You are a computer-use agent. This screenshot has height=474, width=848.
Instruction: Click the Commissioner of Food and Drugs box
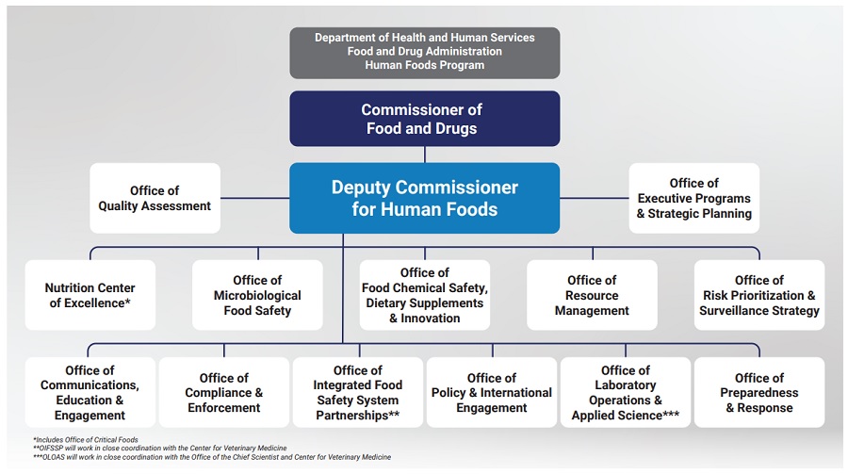pyautogui.click(x=425, y=119)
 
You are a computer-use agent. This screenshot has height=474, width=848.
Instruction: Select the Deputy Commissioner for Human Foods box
pyautogui.click(x=425, y=198)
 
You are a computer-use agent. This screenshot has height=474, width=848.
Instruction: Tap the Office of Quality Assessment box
pyautogui.click(x=155, y=198)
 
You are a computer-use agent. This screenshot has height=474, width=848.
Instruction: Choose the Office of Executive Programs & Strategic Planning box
pyautogui.click(x=693, y=198)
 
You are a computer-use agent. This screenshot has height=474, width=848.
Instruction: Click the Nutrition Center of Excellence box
pyautogui.click(x=90, y=295)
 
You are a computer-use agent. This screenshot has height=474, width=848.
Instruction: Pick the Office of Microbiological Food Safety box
pyautogui.click(x=257, y=295)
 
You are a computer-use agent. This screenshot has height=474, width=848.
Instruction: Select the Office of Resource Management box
pyautogui.click(x=593, y=295)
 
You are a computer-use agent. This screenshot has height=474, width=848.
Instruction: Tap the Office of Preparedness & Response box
pyautogui.click(x=759, y=392)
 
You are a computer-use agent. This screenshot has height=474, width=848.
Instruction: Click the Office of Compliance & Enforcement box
pyautogui.click(x=224, y=392)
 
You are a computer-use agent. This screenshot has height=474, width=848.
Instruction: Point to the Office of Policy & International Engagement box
pyautogui.click(x=492, y=392)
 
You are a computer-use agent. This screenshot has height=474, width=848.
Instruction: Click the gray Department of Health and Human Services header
pyautogui.click(x=425, y=53)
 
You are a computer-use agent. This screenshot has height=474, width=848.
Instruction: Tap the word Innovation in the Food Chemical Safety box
pyautogui.click(x=430, y=319)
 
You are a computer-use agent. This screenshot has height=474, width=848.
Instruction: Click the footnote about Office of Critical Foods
pyautogui.click(x=86, y=440)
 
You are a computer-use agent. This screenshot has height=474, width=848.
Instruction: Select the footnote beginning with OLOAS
pyautogui.click(x=212, y=457)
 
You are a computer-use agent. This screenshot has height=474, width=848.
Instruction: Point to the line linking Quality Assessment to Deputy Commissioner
pyautogui.click(x=254, y=198)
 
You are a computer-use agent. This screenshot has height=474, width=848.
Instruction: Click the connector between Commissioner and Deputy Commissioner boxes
pyautogui.click(x=425, y=155)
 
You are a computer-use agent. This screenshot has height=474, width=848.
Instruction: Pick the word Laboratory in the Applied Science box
pyautogui.click(x=626, y=385)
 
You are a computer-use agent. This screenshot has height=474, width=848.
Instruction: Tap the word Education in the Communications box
pyautogui.click(x=83, y=400)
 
